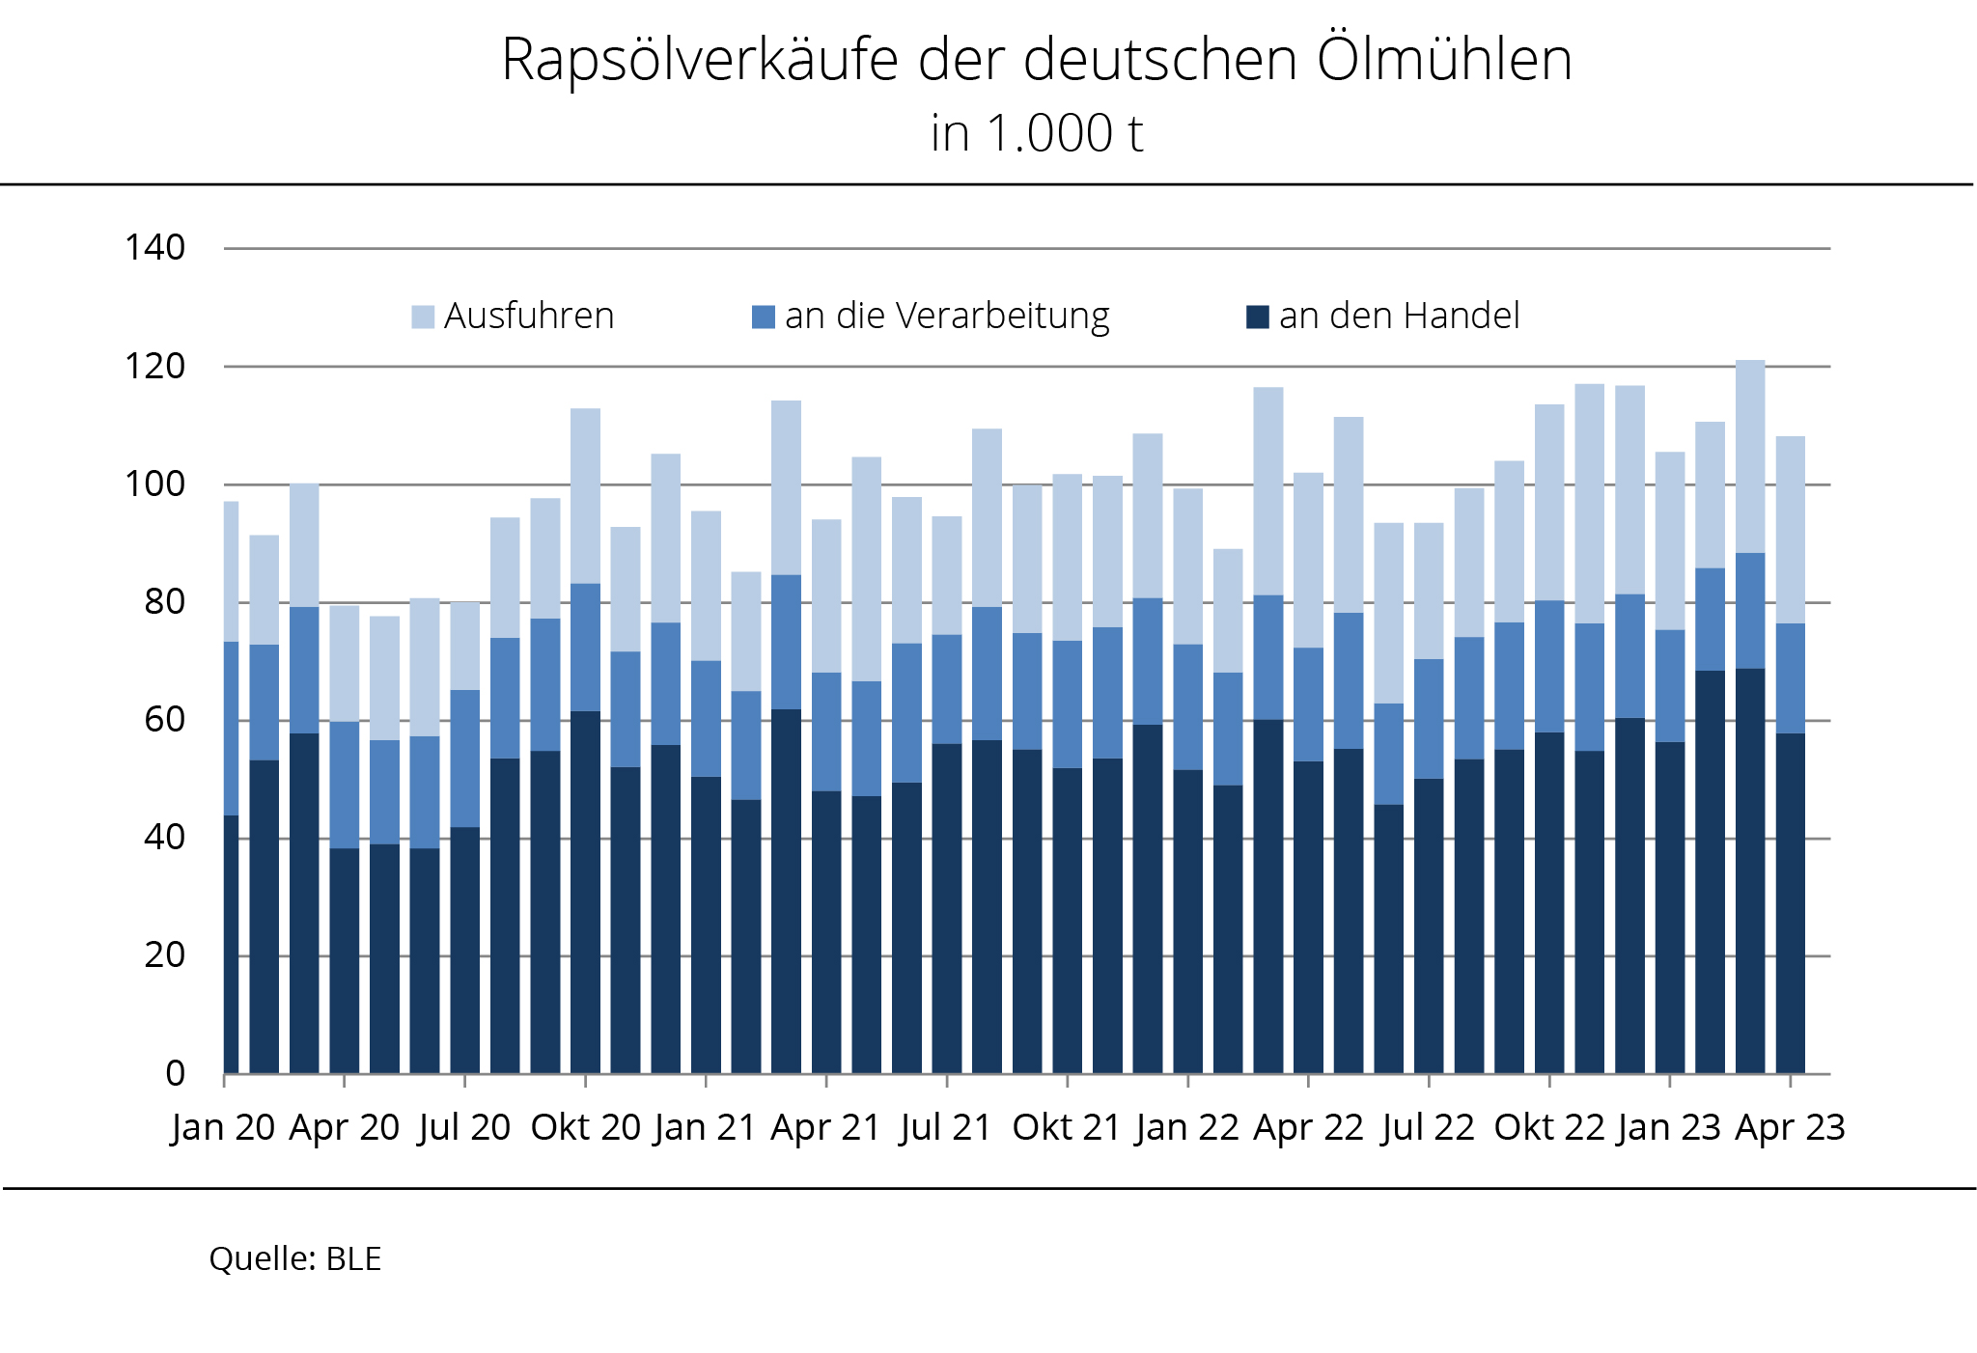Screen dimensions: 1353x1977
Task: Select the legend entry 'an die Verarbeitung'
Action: click(x=946, y=317)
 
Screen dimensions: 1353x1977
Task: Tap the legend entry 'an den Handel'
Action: click(x=1399, y=317)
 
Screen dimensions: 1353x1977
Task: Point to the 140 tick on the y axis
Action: click(x=154, y=248)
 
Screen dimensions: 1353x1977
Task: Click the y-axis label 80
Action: click(x=164, y=602)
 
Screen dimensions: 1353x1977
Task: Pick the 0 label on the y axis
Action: click(x=175, y=1073)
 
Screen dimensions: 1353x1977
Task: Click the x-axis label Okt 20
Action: click(x=585, y=1127)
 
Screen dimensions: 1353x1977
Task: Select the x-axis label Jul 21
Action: click(x=946, y=1127)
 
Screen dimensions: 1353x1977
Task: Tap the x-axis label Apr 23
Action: click(x=1790, y=1127)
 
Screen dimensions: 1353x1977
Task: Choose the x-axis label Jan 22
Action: click(x=1187, y=1127)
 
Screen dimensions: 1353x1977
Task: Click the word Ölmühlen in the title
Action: click(x=1445, y=60)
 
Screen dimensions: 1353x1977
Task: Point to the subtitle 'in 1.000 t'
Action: click(x=1037, y=133)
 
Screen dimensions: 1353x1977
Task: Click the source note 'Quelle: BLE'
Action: click(x=295, y=1259)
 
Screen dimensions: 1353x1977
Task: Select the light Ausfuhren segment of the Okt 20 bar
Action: click(x=585, y=496)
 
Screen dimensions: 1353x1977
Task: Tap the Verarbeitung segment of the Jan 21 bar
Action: click(x=706, y=719)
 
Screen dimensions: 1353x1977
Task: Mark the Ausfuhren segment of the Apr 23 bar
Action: click(x=1791, y=530)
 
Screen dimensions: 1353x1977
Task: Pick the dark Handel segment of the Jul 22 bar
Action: click(x=1429, y=925)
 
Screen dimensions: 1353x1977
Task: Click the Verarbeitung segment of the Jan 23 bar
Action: click(x=1670, y=686)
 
